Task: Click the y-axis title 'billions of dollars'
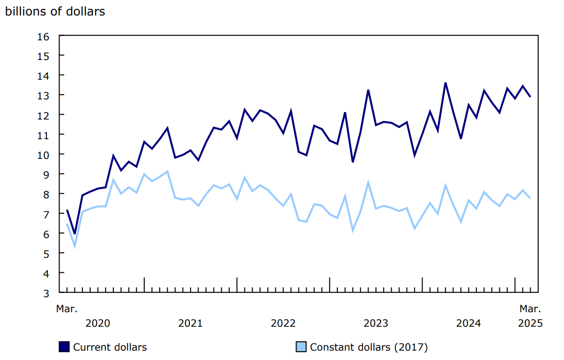point(55,12)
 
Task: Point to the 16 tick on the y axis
point(44,36)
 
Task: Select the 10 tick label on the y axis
point(44,154)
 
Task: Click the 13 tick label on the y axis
point(44,95)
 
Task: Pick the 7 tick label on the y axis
point(47,214)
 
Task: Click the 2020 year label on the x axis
point(98,323)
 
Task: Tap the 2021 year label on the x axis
point(190,323)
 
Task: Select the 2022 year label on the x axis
point(283,323)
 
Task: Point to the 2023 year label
point(376,323)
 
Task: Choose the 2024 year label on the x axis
point(468,323)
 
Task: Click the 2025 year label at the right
point(530,323)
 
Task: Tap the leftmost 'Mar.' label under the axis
point(67,309)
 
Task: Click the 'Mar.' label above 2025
point(530,309)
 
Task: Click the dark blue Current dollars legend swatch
point(64,347)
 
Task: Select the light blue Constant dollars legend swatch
point(301,347)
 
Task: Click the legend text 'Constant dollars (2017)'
point(369,347)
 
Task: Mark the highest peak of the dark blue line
point(445,83)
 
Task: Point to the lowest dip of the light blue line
point(74,246)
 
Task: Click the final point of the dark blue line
point(530,97)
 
